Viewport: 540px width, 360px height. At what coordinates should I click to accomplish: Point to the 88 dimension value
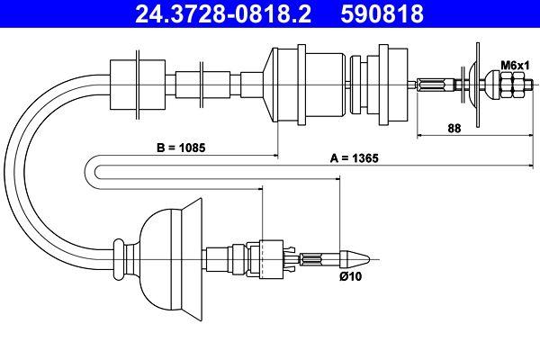[454, 128]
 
